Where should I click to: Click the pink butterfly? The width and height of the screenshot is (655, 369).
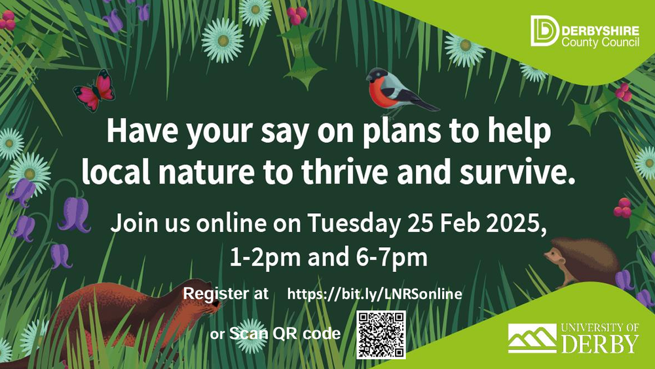click(x=94, y=90)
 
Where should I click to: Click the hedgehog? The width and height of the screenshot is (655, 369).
click(x=583, y=262)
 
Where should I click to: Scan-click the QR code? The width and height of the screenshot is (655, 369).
click(x=381, y=335)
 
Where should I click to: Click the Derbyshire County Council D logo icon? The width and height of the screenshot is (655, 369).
click(x=544, y=31)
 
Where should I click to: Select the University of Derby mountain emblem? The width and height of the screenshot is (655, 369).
click(x=532, y=338)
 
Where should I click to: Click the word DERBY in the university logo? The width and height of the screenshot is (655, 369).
click(x=600, y=343)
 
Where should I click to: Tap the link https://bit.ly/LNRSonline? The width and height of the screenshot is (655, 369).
click(x=375, y=294)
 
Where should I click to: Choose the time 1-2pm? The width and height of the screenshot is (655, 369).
click(x=265, y=258)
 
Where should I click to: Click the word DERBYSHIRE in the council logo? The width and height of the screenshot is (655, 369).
click(x=600, y=31)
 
